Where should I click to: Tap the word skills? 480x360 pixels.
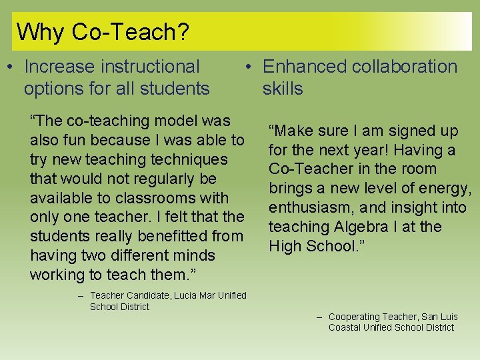click(x=283, y=89)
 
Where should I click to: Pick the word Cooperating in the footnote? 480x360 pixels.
click(x=354, y=317)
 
